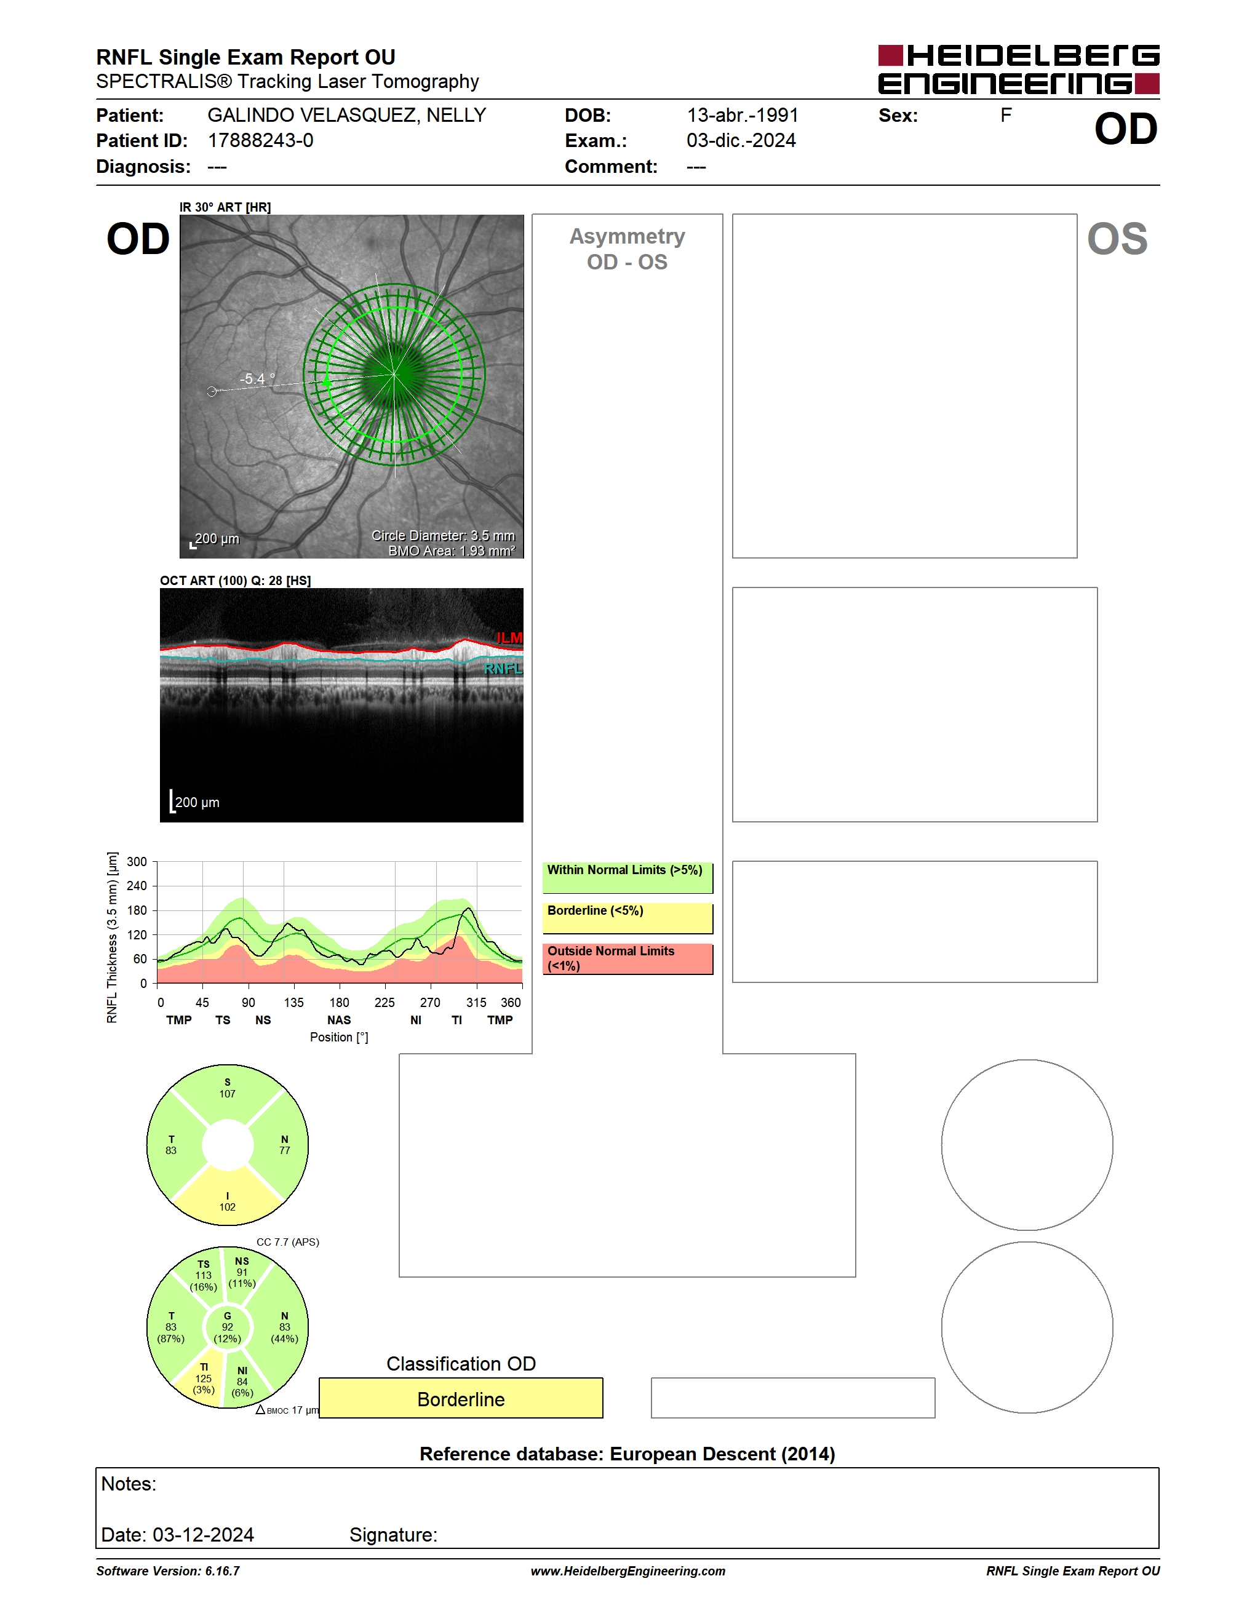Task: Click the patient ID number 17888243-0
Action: coord(260,140)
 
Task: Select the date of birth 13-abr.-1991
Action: coord(742,115)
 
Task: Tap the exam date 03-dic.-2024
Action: coord(741,140)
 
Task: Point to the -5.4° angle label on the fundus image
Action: coord(257,378)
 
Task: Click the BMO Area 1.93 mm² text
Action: coord(452,551)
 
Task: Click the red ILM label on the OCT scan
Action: coord(509,638)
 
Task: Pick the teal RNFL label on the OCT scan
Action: coord(503,669)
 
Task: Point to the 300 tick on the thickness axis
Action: coord(137,862)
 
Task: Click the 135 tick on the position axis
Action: coord(293,1002)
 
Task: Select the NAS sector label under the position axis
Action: coord(339,1020)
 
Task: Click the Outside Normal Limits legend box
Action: coord(627,959)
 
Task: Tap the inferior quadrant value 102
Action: coord(228,1207)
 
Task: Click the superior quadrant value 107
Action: coord(228,1094)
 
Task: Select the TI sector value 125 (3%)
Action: coord(204,1384)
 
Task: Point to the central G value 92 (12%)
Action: coord(228,1332)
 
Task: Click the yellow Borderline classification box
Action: coord(461,1398)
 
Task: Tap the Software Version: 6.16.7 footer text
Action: coord(168,1570)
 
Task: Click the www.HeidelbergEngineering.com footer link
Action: coord(627,1570)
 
